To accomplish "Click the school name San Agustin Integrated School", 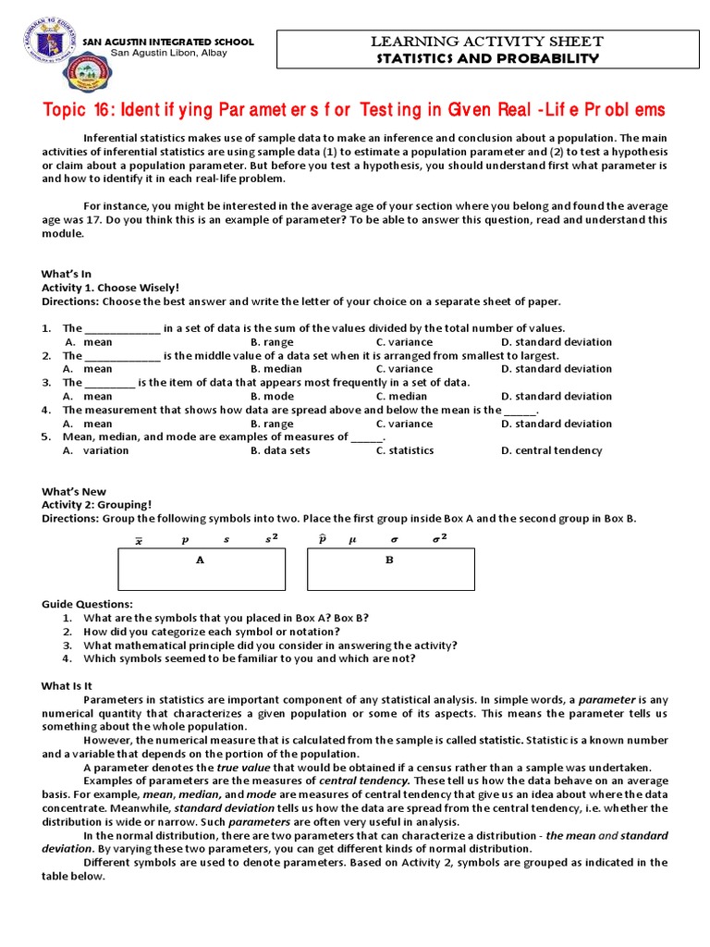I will tap(168, 43).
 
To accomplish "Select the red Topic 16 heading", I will tap(354, 110).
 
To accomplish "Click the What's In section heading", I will tap(67, 274).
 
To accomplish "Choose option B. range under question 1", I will tap(272, 342).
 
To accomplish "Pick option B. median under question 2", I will tap(275, 369).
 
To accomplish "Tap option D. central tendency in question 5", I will tap(551, 450).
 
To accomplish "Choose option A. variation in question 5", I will tap(96, 450).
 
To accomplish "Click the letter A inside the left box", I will tap(200, 560).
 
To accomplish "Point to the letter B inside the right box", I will tap(389, 560).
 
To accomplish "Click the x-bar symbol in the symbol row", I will tap(140, 539).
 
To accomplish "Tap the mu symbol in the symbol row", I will tap(351, 539).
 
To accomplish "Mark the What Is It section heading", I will tap(67, 685).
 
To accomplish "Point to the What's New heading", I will tap(74, 492).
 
